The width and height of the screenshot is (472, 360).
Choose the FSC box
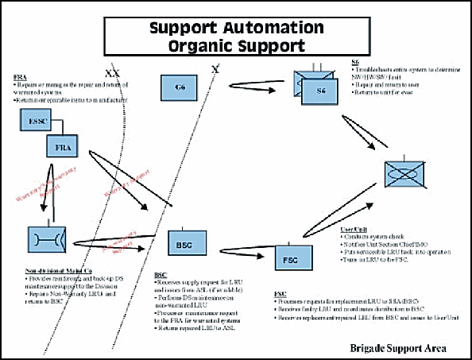[x=291, y=257]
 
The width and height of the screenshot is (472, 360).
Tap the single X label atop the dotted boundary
[x=215, y=70]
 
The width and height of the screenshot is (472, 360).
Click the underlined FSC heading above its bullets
[x=280, y=293]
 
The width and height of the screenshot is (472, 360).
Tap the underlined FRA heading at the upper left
[x=20, y=77]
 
